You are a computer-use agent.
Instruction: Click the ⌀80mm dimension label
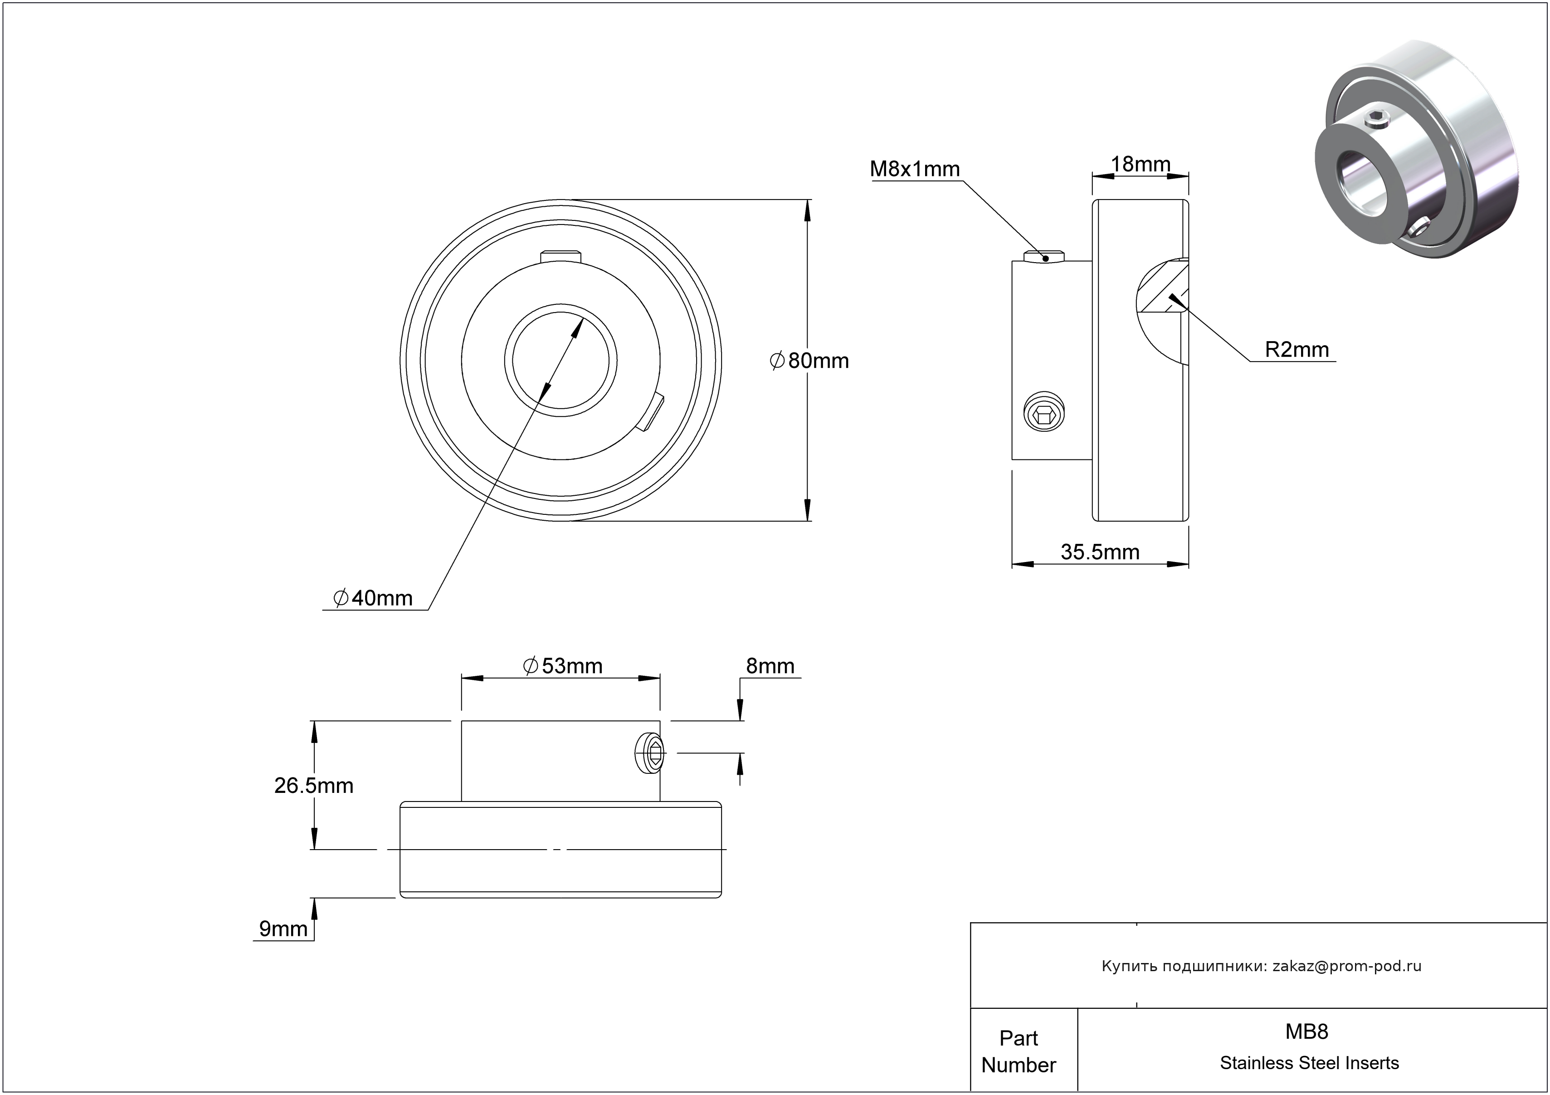coord(809,361)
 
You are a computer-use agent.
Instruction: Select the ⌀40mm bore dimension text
coord(373,598)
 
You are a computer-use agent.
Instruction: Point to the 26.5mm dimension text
coord(313,786)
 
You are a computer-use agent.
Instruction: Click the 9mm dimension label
coord(283,929)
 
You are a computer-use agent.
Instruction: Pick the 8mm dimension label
coord(770,666)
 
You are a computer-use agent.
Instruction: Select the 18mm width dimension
coord(1140,164)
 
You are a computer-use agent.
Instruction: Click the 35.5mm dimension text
coord(1100,552)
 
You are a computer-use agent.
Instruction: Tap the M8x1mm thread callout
coord(914,169)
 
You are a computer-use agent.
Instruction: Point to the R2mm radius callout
coord(1296,350)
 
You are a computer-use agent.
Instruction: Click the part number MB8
coord(1306,1031)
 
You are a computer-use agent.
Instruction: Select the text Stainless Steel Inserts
coord(1309,1063)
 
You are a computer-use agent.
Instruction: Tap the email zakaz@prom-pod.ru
coord(1346,966)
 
